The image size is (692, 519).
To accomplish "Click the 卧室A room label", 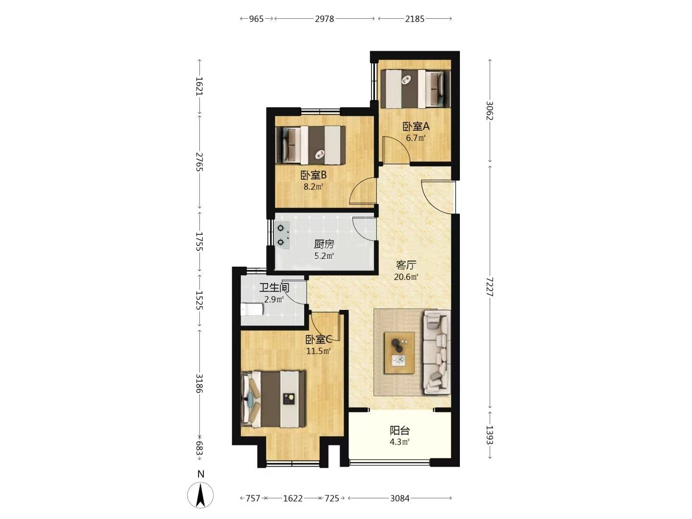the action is point(416,127).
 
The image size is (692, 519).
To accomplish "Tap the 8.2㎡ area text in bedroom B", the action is point(313,187).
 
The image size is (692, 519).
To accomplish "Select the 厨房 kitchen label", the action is point(324,244).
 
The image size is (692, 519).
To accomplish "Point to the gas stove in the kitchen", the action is point(62,235).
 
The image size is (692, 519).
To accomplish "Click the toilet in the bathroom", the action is point(252,309).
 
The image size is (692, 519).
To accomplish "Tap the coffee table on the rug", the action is point(399,353).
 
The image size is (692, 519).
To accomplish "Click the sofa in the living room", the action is point(436,352).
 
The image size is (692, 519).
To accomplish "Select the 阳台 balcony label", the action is point(400,430).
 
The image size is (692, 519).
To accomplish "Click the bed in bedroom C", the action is point(273,399).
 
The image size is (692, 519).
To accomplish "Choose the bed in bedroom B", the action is point(310,145).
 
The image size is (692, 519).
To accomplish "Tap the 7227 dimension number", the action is point(489,287).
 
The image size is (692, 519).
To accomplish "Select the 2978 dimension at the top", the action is point(324,19).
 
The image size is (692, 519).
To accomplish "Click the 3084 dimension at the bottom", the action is point(400,498).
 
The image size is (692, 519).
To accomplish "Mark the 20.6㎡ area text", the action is point(406,277).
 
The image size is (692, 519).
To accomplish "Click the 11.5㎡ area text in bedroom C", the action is point(319,351).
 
